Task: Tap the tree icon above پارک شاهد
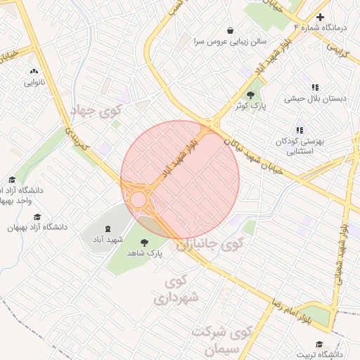coord(144,242)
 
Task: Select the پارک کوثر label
coord(250,106)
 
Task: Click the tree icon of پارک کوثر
coord(250,95)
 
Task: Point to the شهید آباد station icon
coord(108,229)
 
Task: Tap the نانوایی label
coord(34,82)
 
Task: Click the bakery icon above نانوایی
coord(34,71)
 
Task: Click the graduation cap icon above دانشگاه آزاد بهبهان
coord(37,217)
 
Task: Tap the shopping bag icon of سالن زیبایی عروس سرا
coord(230,30)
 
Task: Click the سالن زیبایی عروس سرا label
coord(230,41)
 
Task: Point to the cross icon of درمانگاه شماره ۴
coord(321,17)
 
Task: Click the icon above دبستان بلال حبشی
coord(315,88)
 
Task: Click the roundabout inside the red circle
coord(139,200)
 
